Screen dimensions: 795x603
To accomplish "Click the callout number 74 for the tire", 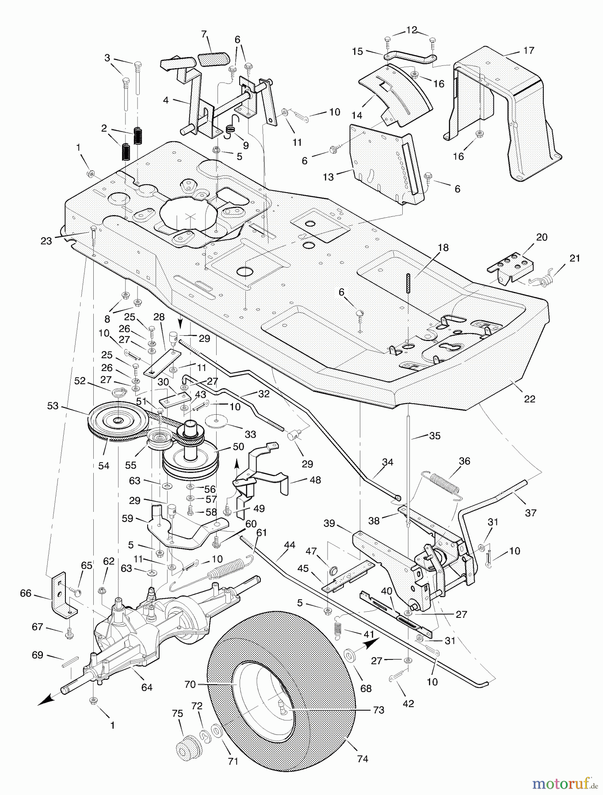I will pos(362,759).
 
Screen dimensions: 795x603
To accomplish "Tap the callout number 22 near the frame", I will pos(530,399).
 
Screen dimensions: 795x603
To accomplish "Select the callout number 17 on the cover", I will pos(529,51).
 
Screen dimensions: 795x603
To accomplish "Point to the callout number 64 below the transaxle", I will pos(147,687).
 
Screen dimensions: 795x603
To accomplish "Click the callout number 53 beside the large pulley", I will pos(53,405).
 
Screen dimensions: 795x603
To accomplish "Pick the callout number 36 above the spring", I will pos(465,461).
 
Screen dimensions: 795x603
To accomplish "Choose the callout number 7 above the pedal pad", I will pos(204,34).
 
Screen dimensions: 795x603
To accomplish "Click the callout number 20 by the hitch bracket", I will pos(542,237).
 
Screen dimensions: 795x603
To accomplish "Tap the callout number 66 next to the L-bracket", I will pos(26,593).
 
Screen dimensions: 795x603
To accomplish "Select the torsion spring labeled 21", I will pos(544,279).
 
